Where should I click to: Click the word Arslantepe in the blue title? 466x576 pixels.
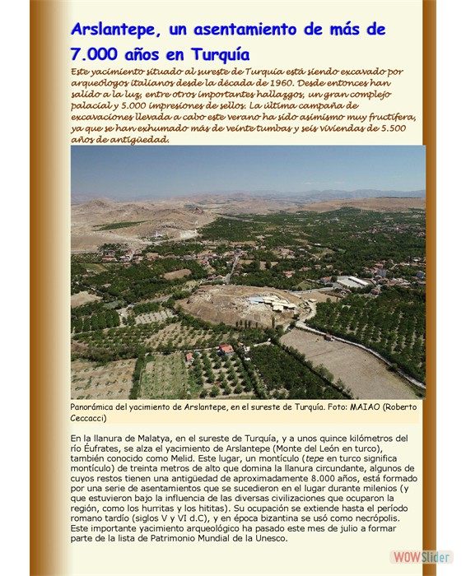click(115, 30)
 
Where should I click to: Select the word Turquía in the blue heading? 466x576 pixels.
click(218, 55)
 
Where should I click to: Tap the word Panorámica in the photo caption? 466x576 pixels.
click(98, 407)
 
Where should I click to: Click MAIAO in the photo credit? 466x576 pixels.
click(352, 407)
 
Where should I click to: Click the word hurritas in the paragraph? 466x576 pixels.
click(168, 509)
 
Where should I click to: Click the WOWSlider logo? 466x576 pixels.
click(408, 556)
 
